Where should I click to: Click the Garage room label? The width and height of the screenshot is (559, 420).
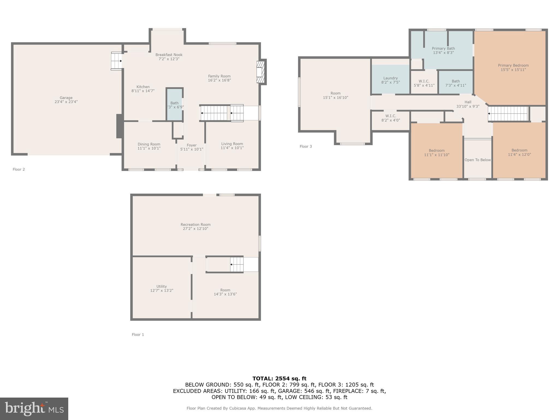tap(66, 98)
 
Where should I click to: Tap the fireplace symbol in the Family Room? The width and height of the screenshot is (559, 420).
tap(261, 72)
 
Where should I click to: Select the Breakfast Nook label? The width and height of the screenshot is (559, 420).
tap(169, 55)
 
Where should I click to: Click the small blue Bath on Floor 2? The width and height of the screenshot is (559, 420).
tap(175, 105)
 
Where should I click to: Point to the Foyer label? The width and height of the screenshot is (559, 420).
tap(192, 145)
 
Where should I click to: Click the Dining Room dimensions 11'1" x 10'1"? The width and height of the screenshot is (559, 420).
tap(149, 148)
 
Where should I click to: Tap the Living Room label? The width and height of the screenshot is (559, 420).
tap(232, 144)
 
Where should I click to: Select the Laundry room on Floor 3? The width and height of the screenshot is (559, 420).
tap(390, 80)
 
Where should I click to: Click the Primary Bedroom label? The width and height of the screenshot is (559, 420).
tap(513, 65)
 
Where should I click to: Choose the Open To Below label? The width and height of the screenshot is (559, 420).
tap(478, 160)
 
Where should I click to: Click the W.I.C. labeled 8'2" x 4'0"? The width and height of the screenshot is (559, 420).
tap(391, 118)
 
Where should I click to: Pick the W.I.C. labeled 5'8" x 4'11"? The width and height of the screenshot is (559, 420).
tap(424, 83)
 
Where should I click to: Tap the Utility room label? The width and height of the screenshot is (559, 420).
tap(162, 286)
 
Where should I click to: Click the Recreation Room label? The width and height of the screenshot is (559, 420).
tap(195, 224)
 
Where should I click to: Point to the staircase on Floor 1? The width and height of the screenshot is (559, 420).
tap(237, 264)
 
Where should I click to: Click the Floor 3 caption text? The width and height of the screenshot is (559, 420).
tap(306, 147)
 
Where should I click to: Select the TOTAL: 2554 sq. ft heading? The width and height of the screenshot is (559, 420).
tap(279, 378)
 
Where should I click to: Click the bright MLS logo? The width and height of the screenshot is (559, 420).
tap(34, 409)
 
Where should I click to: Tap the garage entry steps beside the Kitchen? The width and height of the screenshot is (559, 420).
tap(117, 61)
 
